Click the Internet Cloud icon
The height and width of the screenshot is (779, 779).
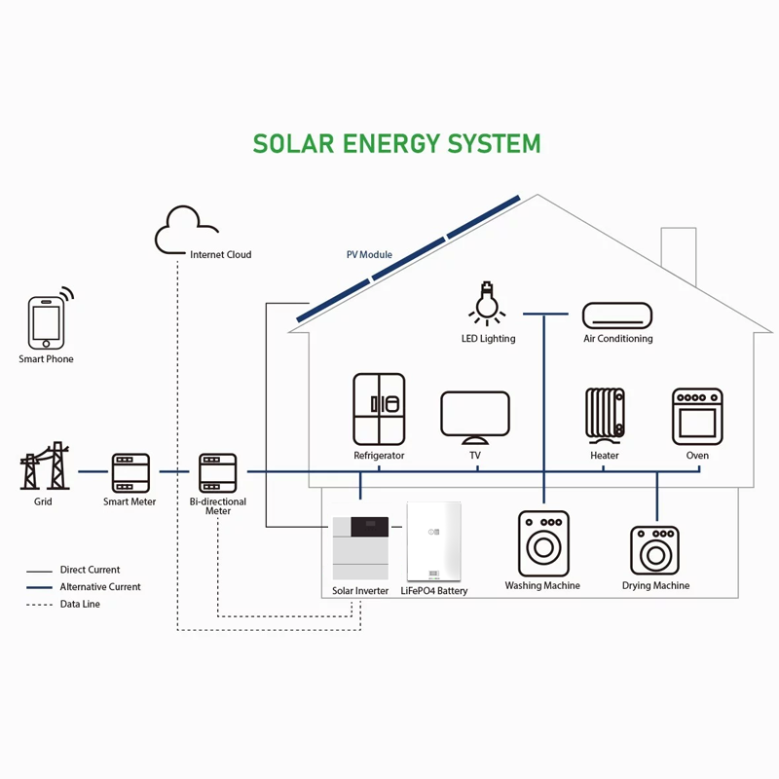point(188,231)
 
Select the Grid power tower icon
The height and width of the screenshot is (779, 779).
point(44,468)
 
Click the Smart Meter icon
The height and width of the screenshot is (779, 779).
point(130,472)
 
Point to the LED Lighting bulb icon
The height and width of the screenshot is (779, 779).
point(488,303)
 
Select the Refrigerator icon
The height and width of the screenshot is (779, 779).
point(379,409)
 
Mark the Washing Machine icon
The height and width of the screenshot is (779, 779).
point(542,542)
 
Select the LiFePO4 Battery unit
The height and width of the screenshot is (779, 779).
point(434,542)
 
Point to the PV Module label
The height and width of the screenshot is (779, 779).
point(369,255)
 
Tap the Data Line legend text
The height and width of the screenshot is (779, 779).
point(80,605)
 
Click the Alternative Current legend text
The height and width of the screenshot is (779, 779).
point(100,587)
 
